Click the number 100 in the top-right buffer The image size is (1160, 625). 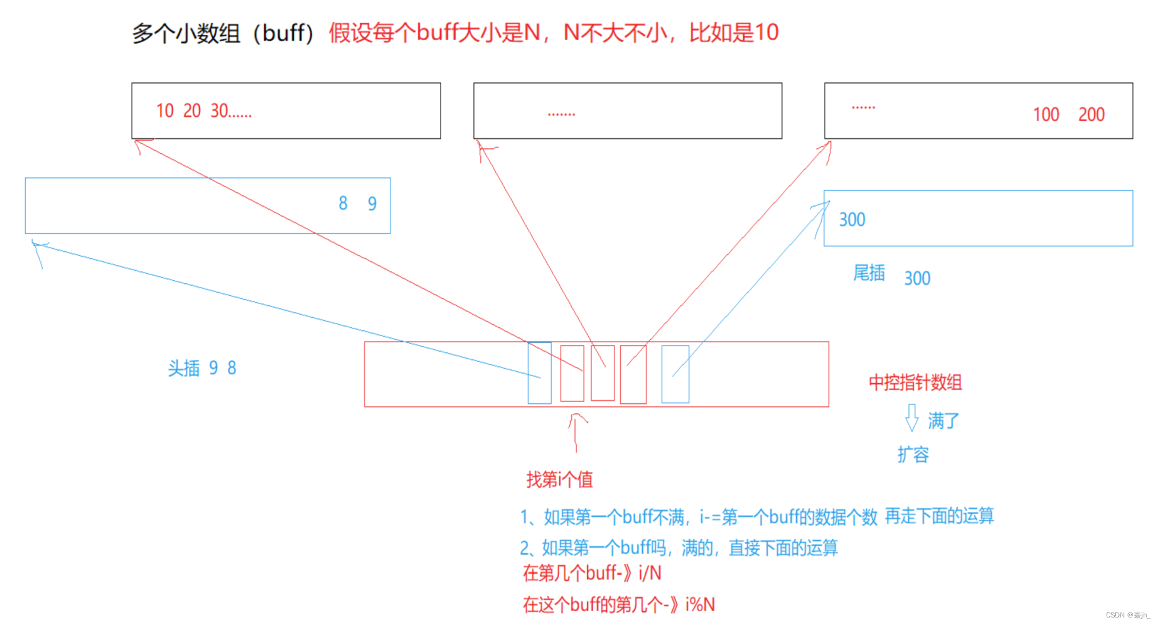(x=1046, y=114)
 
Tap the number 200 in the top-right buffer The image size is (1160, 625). (x=1091, y=114)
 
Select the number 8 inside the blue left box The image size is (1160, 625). (x=343, y=203)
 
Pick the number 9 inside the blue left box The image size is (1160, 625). (x=372, y=204)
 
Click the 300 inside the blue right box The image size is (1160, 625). (x=852, y=219)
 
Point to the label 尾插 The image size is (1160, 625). (x=869, y=273)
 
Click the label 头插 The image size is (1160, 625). (x=184, y=368)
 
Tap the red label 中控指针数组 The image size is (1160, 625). (x=915, y=383)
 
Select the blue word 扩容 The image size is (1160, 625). (x=913, y=454)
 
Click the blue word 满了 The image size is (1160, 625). (x=943, y=421)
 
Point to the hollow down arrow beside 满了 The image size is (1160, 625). (x=911, y=418)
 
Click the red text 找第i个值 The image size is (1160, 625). (x=559, y=480)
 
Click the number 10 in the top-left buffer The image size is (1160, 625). (x=164, y=111)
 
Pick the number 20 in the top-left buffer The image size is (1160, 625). (x=192, y=111)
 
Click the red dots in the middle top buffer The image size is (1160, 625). (x=561, y=114)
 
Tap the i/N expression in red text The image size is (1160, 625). (x=650, y=573)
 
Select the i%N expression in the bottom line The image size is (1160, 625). (x=700, y=605)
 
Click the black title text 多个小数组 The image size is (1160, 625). (x=186, y=33)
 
